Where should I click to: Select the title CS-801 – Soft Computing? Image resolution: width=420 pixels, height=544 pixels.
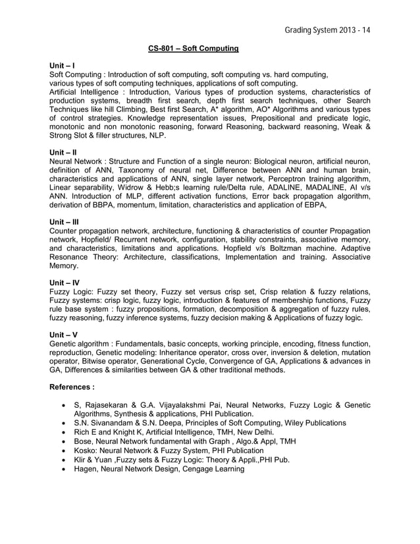tap(193, 49)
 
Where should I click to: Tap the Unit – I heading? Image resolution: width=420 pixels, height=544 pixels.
tap(63, 66)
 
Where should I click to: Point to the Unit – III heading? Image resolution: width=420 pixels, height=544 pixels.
tap(65, 222)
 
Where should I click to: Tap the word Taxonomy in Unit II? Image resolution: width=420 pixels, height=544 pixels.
tap(140, 170)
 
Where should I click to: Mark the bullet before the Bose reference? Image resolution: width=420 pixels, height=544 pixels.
tap(63, 441)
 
